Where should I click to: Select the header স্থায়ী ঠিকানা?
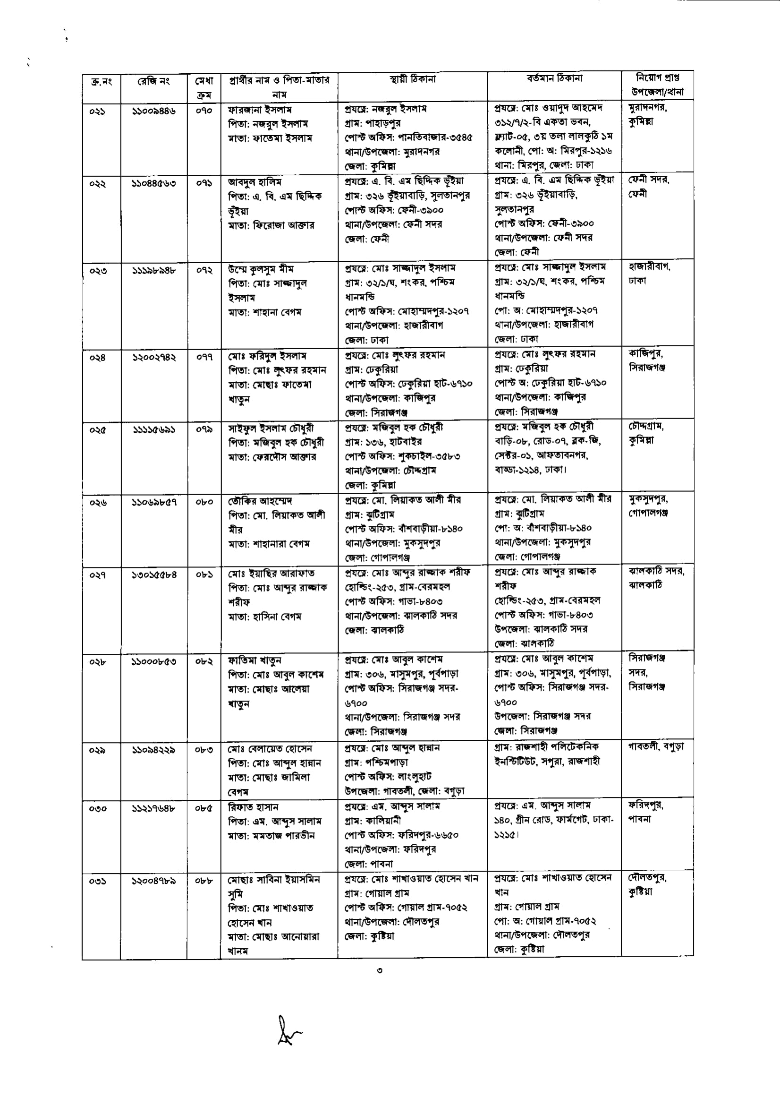[413, 79]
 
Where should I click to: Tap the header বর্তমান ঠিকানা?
[554, 78]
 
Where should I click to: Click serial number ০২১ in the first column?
[97, 111]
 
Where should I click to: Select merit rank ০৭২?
[203, 270]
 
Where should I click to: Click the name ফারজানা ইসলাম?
[260, 110]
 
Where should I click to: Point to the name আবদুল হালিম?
[254, 182]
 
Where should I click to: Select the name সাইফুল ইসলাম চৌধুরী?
[271, 428]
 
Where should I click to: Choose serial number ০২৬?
[97, 503]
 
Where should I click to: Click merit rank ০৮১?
[203, 574]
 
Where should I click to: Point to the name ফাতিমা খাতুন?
[254, 660]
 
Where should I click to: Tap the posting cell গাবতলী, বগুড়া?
[656, 746]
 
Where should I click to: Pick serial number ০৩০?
[97, 809]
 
